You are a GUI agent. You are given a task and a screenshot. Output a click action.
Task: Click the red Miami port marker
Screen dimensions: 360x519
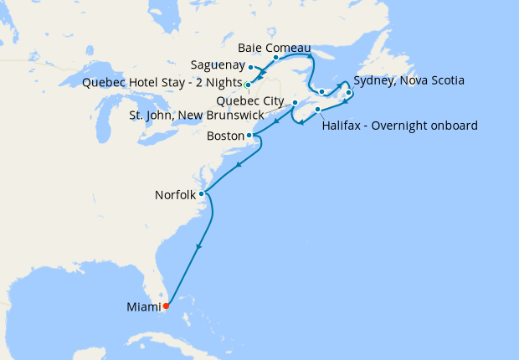[x=166, y=306]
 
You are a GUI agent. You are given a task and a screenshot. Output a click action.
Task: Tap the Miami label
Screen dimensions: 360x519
[x=142, y=307]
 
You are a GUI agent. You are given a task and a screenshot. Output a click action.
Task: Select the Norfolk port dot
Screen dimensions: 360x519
[x=201, y=194]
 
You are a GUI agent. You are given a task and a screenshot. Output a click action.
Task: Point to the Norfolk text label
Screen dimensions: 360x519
[x=175, y=195]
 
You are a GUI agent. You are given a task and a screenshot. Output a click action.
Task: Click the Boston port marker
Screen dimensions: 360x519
[x=249, y=135]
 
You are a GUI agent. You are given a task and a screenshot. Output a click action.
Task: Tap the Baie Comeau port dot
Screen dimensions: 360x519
[x=275, y=58]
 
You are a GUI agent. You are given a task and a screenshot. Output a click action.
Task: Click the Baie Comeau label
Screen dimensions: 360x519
[x=275, y=47]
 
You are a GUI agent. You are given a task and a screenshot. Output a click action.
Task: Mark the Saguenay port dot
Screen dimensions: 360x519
[x=251, y=67]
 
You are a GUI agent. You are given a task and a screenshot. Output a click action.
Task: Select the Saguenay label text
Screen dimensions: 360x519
[x=218, y=65]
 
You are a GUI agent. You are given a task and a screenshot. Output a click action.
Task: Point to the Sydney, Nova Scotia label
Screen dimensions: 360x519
[x=409, y=81]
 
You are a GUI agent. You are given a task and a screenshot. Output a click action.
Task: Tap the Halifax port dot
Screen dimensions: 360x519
[x=317, y=110]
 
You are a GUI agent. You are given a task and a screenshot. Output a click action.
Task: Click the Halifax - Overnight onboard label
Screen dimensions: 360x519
[x=399, y=126]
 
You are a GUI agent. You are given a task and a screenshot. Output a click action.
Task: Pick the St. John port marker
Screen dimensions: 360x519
[x=294, y=103]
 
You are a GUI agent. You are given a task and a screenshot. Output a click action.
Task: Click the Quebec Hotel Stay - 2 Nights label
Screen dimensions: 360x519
[x=161, y=82]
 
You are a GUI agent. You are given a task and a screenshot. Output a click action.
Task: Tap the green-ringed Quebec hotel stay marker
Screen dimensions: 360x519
[x=248, y=85]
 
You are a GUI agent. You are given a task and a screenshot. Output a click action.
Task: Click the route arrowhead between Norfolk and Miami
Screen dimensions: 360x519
[x=199, y=246]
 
